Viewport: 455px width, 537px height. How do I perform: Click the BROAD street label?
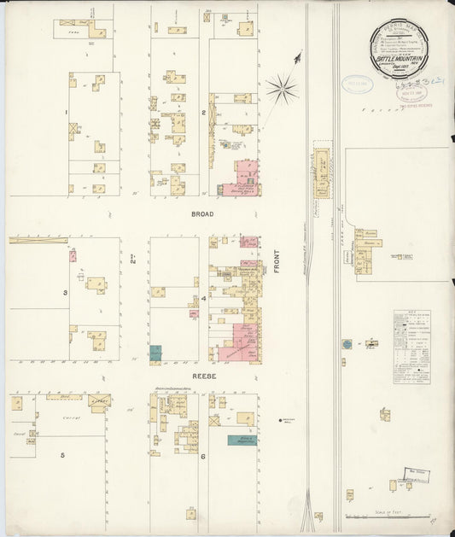pyautogui.click(x=202, y=216)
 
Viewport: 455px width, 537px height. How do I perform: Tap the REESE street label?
pyautogui.click(x=204, y=376)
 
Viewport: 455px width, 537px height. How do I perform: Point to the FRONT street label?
pyautogui.click(x=277, y=260)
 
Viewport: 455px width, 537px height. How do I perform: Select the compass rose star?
pyautogui.click(x=281, y=88)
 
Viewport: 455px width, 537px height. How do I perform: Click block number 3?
pyautogui.click(x=65, y=293)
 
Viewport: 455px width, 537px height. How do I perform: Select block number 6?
pyautogui.click(x=203, y=457)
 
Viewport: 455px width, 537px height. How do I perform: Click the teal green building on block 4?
pyautogui.click(x=155, y=352)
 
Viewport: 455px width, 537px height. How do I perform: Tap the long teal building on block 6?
pyautogui.click(x=242, y=441)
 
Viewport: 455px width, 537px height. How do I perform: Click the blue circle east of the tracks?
pyautogui.click(x=347, y=344)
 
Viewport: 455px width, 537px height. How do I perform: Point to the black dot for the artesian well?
pyautogui.click(x=281, y=420)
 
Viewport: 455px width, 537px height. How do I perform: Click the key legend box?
pyautogui.click(x=411, y=346)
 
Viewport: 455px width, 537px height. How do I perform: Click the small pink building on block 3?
pyautogui.click(x=73, y=255)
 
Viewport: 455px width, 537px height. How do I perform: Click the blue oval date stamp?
pyautogui.click(x=358, y=84)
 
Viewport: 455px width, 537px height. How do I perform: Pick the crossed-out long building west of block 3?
pyautogui.click(x=38, y=241)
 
